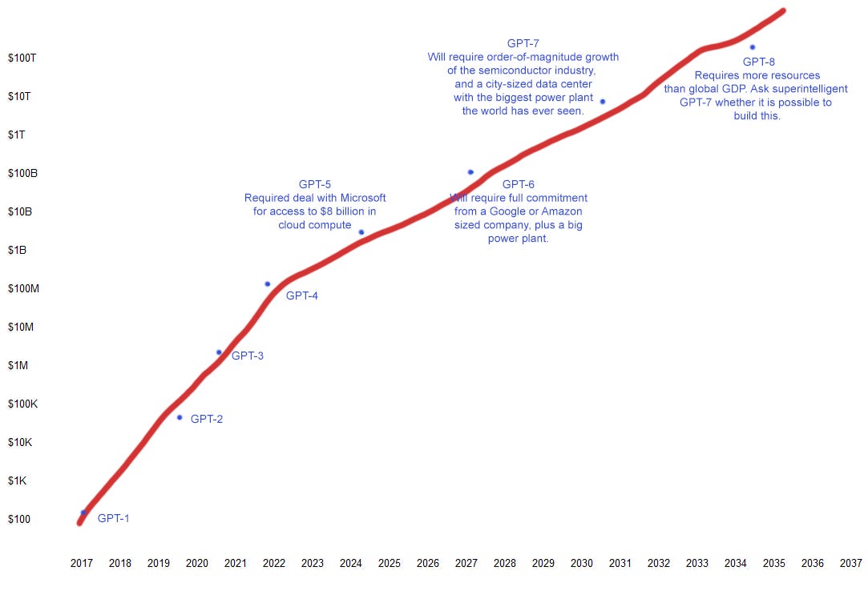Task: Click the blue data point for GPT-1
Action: (x=83, y=513)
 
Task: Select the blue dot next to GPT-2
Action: (x=180, y=417)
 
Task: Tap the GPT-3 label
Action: (x=247, y=356)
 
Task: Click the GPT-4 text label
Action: (x=302, y=295)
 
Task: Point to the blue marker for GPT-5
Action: (x=361, y=232)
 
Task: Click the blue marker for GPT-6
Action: (x=470, y=172)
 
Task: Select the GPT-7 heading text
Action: (x=523, y=43)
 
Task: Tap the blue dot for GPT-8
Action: (x=752, y=47)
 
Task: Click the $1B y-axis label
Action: (x=18, y=250)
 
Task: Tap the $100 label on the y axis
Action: (x=19, y=519)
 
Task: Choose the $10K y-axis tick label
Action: (x=19, y=442)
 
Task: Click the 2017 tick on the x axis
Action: (x=82, y=563)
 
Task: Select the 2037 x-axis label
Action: (x=851, y=563)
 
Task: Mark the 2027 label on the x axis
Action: (x=466, y=563)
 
